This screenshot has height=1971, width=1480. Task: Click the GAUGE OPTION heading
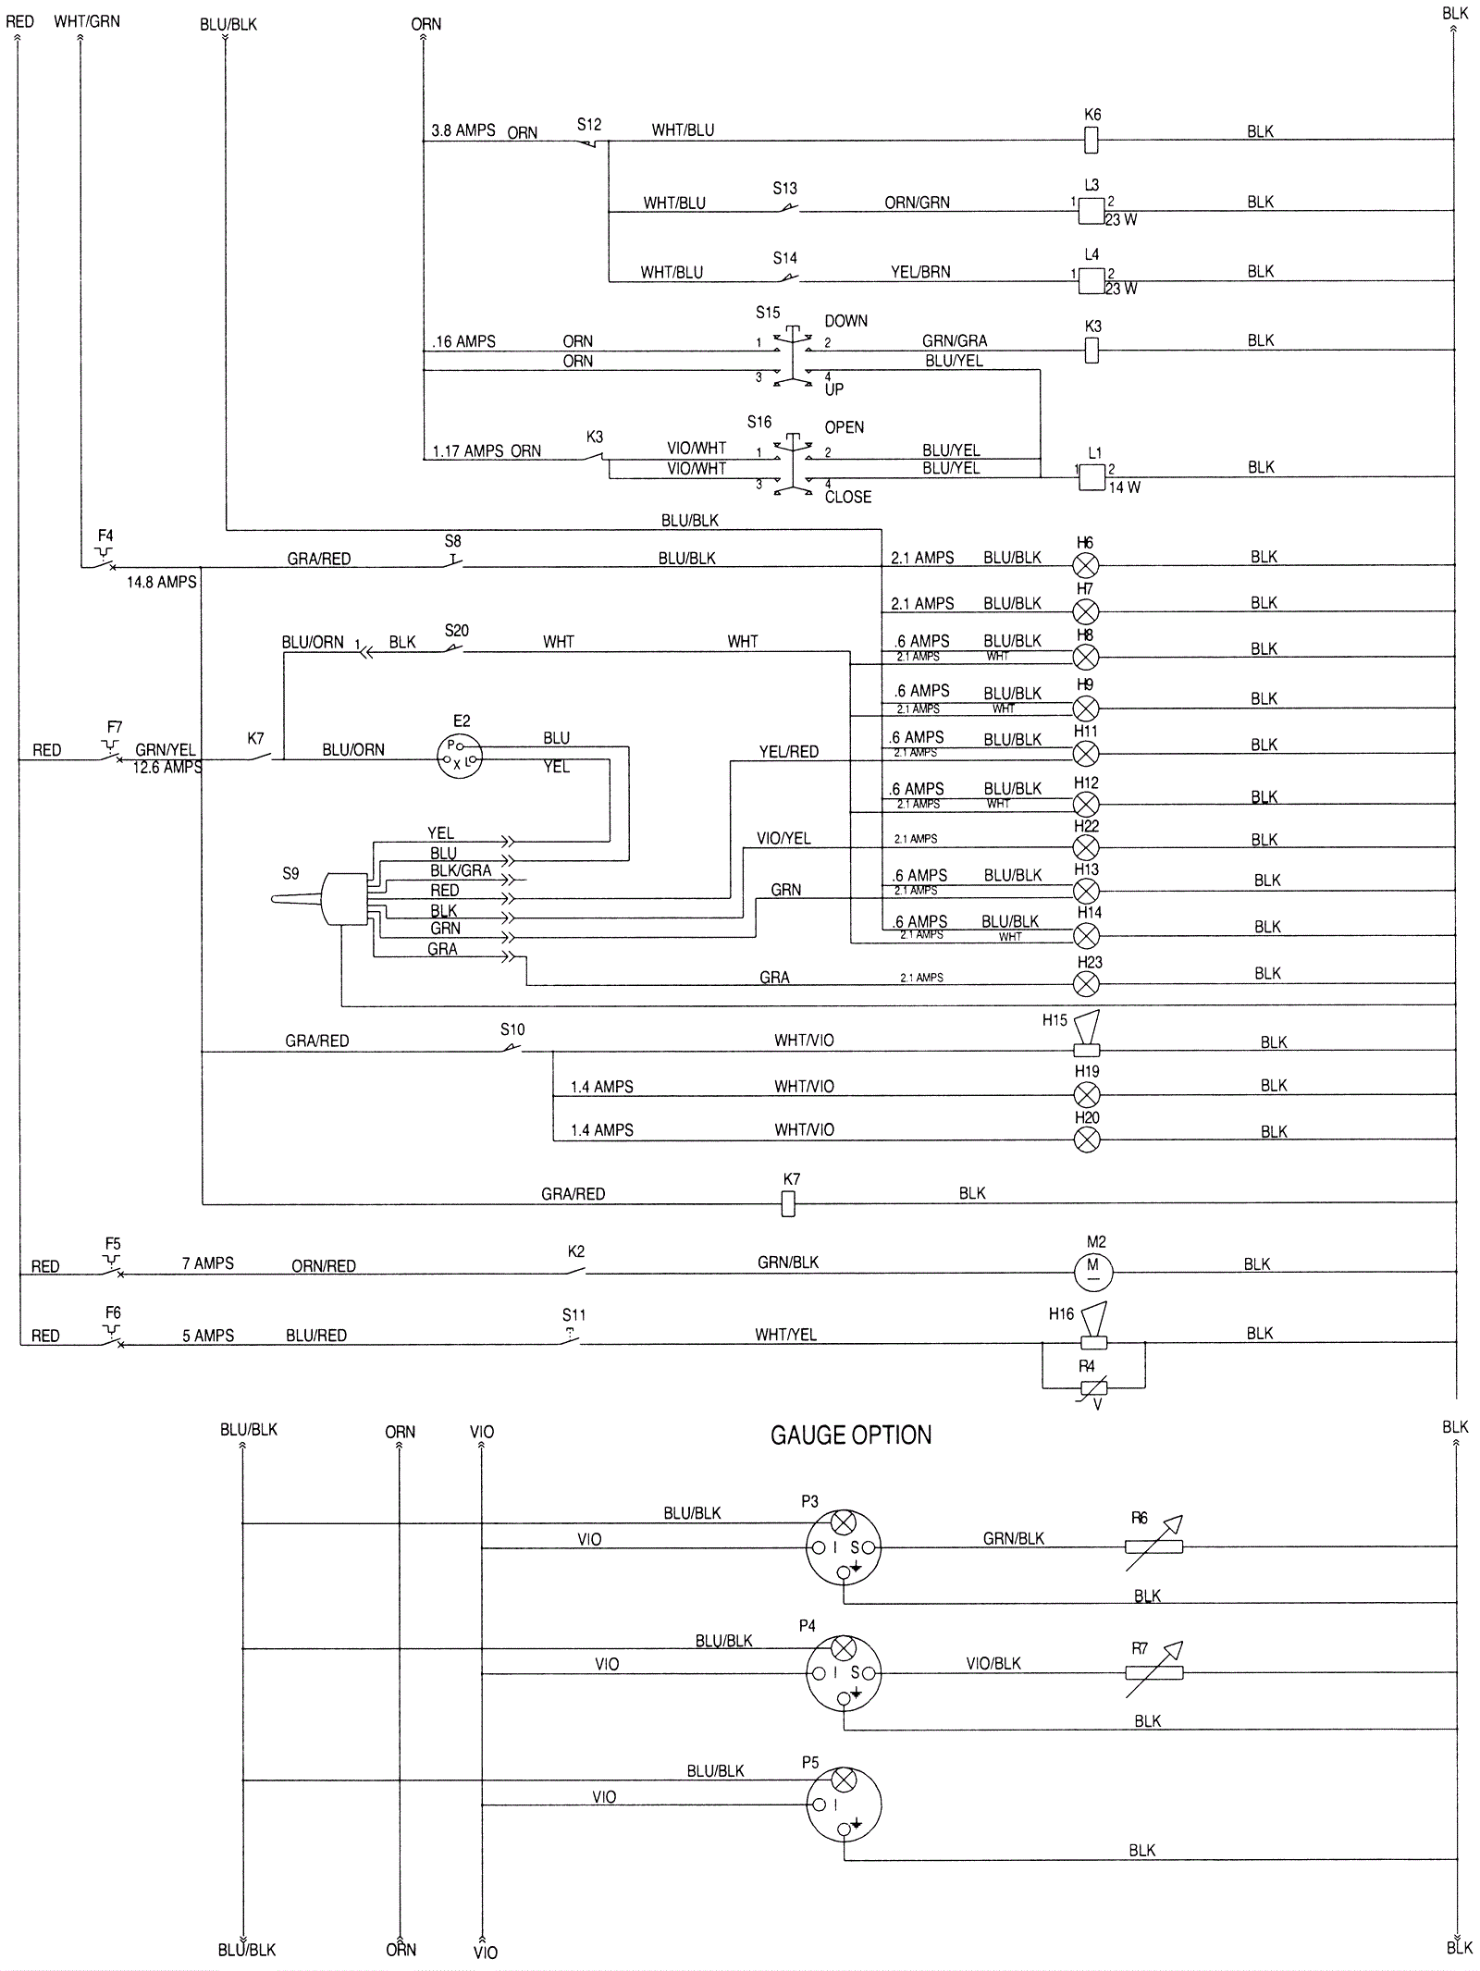851,1435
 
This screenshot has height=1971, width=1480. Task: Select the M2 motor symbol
1092,1272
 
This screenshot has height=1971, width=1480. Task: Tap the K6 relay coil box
1091,140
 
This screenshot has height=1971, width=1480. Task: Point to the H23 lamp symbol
1087,984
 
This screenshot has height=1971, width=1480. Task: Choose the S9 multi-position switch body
343,898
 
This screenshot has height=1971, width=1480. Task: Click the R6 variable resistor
1153,1546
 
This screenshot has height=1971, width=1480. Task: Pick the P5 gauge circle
843,1805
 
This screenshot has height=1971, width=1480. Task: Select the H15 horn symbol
1087,1035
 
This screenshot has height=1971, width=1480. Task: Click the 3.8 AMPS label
463,130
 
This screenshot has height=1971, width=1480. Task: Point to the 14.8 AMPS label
162,582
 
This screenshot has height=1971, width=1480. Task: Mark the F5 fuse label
113,1244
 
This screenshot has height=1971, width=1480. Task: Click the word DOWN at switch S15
845,321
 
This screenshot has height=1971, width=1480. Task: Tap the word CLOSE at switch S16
847,497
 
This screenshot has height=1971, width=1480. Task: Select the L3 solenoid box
1091,211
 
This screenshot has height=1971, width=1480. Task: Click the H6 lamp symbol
1086,565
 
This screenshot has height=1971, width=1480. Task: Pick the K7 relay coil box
788,1203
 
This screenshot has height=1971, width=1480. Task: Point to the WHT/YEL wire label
785,1334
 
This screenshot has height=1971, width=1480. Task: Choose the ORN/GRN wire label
917,203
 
